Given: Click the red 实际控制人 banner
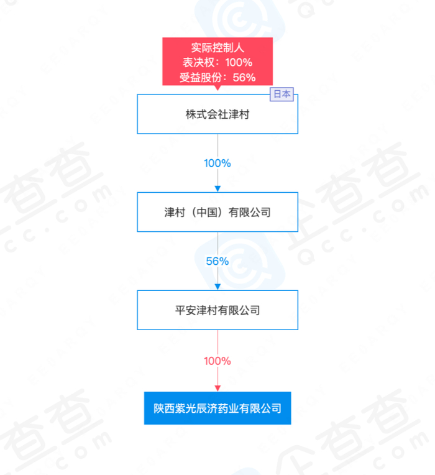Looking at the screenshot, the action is tap(217, 61).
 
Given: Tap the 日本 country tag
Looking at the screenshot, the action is tap(282, 95).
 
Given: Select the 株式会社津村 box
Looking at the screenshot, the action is tap(217, 114).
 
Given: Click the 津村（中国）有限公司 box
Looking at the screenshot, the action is tap(217, 212).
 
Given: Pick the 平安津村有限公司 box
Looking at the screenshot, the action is tap(217, 310).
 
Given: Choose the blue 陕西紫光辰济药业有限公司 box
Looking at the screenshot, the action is tap(217, 408).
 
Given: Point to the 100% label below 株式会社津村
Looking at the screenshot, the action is tap(217, 164).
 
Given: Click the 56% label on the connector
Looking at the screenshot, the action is tap(217, 261).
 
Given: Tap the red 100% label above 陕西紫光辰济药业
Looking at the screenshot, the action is tap(217, 361).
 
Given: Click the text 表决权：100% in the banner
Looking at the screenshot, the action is tap(217, 62).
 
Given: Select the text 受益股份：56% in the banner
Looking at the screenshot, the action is tap(217, 77).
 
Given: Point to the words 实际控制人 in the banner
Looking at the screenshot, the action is tap(217, 47).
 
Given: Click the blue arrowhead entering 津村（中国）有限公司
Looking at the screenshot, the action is tap(217, 188).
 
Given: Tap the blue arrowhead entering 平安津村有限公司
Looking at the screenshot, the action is tap(217, 287).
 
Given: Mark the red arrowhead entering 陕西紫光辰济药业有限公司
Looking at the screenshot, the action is tap(217, 387).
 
